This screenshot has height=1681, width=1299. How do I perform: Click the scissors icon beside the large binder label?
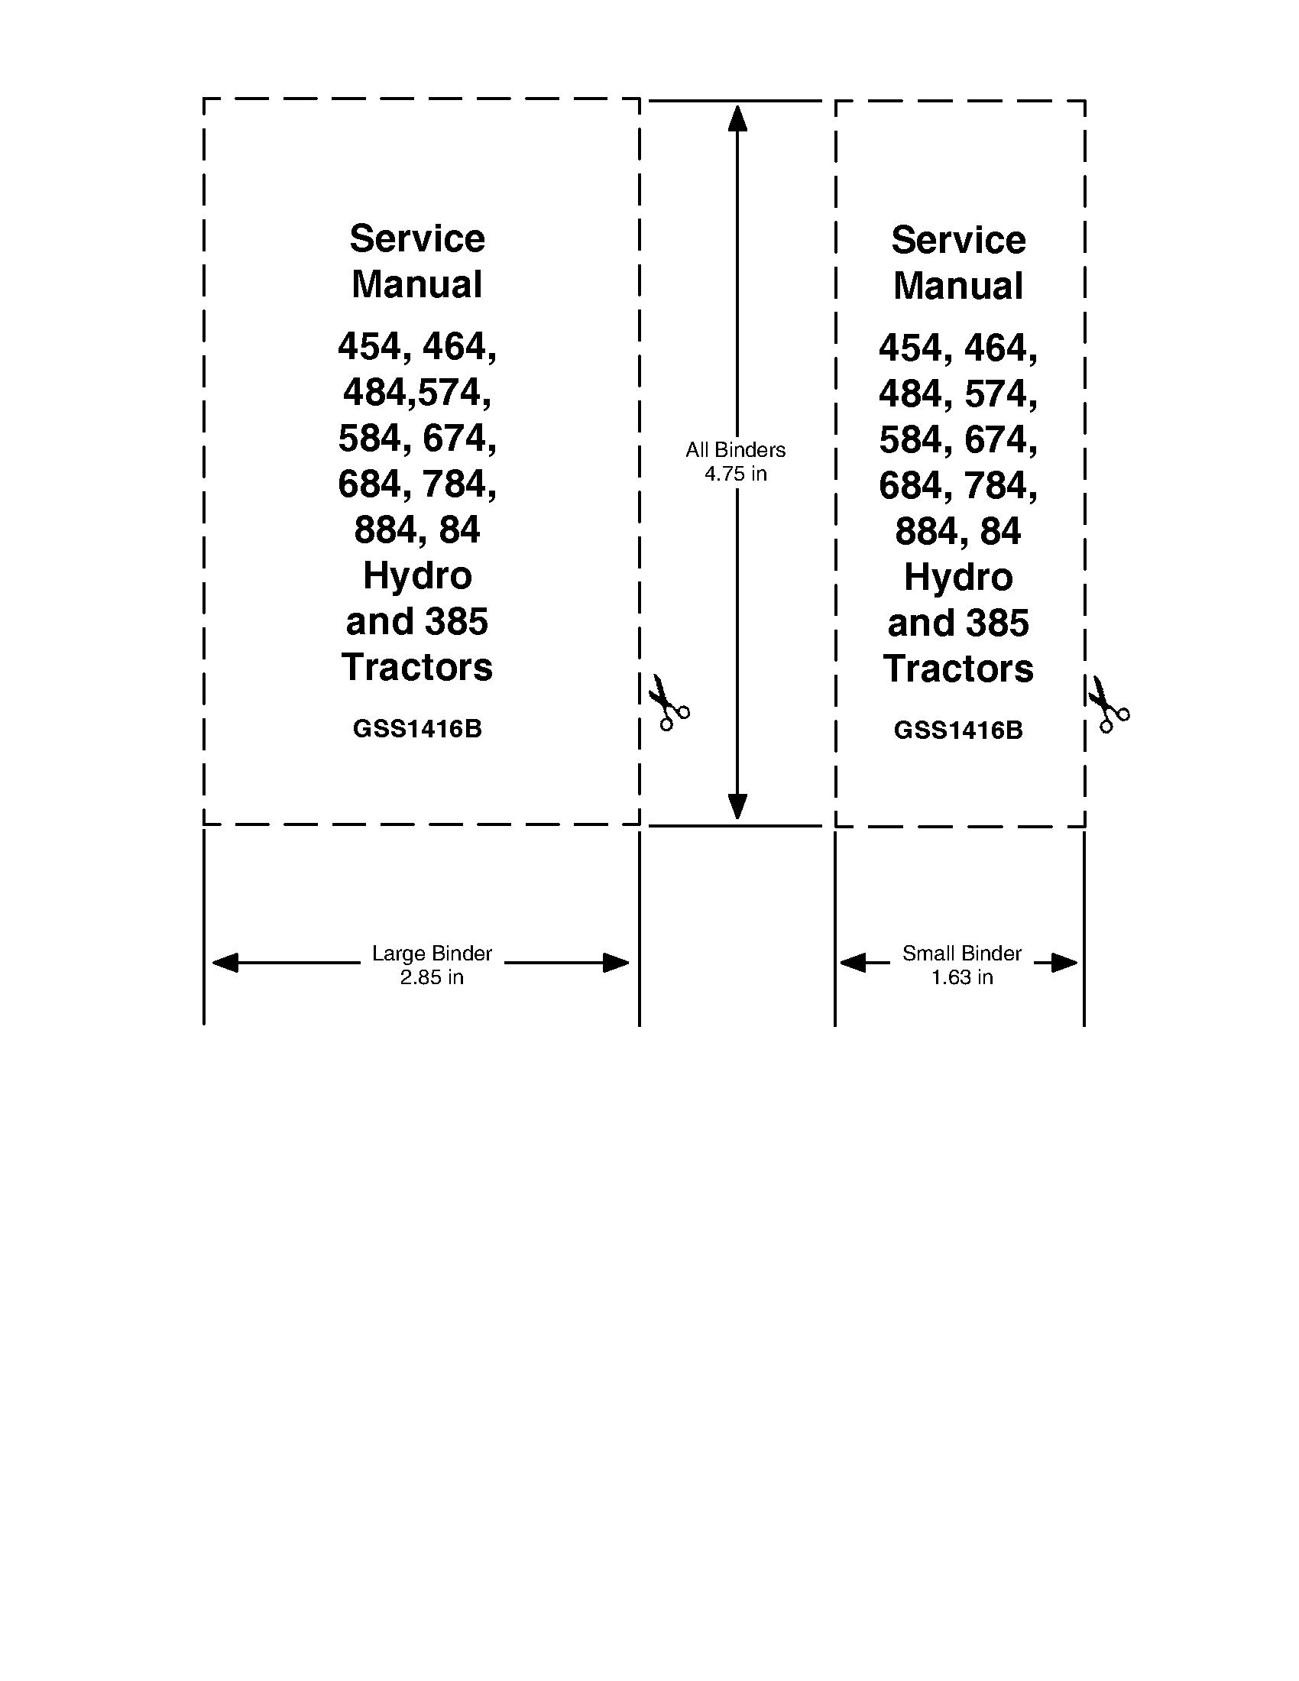tap(668, 702)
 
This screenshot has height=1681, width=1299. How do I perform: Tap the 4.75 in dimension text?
tap(736, 475)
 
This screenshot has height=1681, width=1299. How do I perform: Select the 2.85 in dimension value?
tap(432, 977)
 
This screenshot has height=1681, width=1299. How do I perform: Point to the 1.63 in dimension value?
tap(962, 977)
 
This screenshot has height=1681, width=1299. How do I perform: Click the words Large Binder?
tap(432, 954)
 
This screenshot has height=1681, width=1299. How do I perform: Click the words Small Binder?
tap(962, 954)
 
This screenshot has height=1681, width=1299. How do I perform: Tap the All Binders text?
tap(736, 450)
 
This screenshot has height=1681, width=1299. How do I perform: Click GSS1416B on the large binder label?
tap(417, 729)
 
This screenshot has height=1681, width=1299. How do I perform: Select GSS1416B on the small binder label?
tap(958, 730)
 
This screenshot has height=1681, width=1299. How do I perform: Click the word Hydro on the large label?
tap(417, 575)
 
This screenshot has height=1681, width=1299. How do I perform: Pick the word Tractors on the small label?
tap(958, 669)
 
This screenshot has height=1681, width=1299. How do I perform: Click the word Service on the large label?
tap(417, 238)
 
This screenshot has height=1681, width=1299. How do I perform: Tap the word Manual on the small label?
tap(958, 287)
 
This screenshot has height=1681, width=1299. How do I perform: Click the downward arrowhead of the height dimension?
tap(737, 808)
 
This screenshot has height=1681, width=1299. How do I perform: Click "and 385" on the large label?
tap(417, 622)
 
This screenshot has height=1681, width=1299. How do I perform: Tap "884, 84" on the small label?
tap(958, 532)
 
